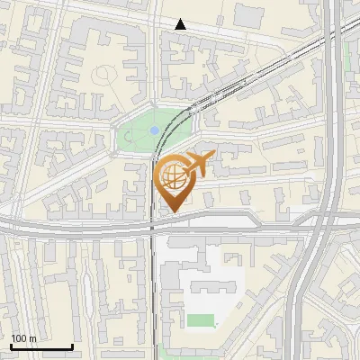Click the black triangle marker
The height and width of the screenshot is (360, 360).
(181, 24)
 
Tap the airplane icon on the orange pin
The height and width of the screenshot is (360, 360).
(198, 166)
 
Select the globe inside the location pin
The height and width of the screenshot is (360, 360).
(173, 177)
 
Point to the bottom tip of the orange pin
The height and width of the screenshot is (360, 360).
(174, 211)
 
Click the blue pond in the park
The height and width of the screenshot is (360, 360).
(155, 130)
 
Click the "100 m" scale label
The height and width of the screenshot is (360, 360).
(23, 338)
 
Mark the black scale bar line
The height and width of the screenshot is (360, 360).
(41, 346)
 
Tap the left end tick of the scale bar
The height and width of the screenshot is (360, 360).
(11, 345)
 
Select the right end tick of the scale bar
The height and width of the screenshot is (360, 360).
(72, 345)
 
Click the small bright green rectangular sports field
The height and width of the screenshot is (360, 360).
(201, 320)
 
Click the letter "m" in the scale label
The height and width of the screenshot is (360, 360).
(32, 338)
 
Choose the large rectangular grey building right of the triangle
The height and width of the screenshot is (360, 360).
(250, 14)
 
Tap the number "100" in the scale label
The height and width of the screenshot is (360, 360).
(19, 338)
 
